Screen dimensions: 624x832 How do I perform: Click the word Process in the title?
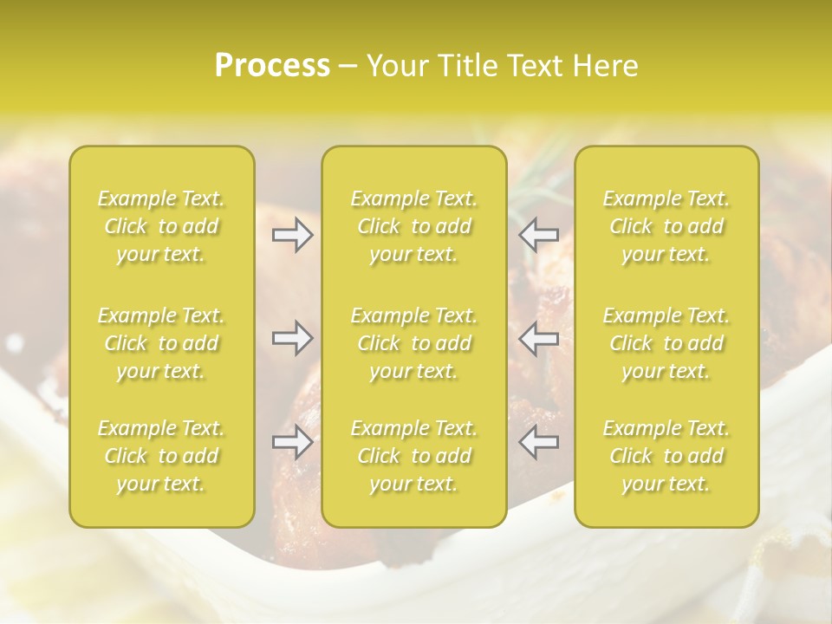click(x=272, y=66)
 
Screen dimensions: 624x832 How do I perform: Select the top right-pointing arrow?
click(x=293, y=235)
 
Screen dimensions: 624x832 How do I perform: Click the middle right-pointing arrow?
click(x=293, y=339)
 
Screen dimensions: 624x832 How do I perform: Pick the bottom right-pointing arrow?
click(x=293, y=442)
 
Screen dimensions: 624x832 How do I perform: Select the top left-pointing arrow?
click(x=539, y=235)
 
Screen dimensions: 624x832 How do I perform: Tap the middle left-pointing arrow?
click(x=539, y=339)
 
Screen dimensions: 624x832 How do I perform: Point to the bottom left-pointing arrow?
click(x=539, y=442)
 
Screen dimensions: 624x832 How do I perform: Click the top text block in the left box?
click(x=161, y=226)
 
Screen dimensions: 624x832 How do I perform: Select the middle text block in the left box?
click(x=161, y=343)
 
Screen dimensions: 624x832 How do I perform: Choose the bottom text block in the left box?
click(x=161, y=456)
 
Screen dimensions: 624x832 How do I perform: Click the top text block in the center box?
click(x=414, y=226)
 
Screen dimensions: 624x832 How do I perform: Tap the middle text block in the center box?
click(x=414, y=343)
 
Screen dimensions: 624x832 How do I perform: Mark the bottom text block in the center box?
click(x=414, y=456)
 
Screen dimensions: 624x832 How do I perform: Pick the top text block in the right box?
click(x=666, y=226)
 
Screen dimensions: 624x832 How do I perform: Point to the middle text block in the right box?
click(x=666, y=343)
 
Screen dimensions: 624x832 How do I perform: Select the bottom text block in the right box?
click(x=666, y=456)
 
